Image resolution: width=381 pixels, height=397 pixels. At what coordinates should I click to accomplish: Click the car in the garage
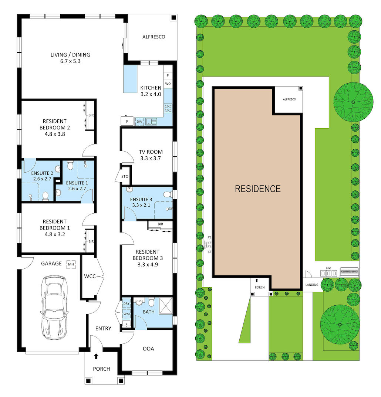pos(54,308)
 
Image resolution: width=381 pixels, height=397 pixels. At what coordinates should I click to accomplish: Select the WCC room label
pos(90,276)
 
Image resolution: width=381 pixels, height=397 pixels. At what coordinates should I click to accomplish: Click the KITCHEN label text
pos(151,88)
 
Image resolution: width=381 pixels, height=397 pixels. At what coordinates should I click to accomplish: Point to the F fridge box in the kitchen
pos(127,121)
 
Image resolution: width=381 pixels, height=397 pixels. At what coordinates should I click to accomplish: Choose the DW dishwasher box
pos(139,121)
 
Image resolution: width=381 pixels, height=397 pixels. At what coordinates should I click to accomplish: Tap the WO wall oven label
pos(168,84)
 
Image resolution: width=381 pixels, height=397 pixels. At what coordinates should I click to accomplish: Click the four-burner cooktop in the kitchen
pos(168,108)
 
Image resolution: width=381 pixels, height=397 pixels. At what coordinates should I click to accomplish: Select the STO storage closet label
pos(125,176)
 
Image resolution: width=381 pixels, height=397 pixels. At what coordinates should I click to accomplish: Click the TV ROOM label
pos(151,152)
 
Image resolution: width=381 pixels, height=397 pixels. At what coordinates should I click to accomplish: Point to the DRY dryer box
pos(126,304)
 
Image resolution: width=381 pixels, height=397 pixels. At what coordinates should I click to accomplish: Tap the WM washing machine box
pos(126,314)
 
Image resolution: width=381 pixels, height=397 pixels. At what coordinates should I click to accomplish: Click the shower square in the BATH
pos(166,306)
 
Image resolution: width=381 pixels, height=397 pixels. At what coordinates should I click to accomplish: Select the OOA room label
pos(148,349)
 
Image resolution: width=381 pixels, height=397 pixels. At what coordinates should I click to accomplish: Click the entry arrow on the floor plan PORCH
pos(96,356)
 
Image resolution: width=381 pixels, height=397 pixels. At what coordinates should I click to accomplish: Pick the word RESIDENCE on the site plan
pos(258,189)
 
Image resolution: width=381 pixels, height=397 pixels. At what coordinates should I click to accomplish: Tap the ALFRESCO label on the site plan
pos(287,99)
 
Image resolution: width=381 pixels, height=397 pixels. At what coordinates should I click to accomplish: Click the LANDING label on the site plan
pos(311,285)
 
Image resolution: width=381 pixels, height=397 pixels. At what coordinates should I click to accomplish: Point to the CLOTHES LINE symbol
pos(349,272)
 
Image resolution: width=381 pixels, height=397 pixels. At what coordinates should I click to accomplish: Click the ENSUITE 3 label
pos(140,200)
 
